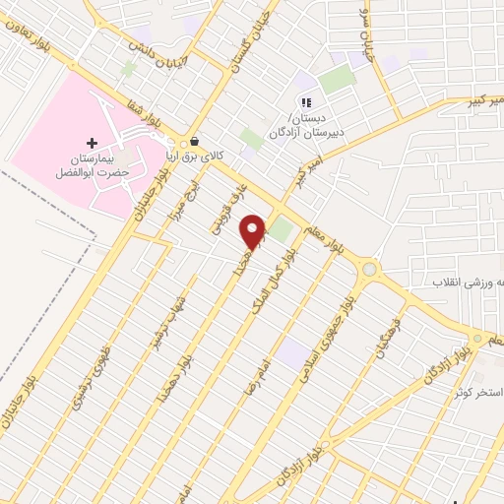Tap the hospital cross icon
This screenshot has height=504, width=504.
point(93,144)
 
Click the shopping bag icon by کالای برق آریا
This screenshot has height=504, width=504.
point(195,142)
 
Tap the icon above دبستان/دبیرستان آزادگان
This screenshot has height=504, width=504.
point(306,101)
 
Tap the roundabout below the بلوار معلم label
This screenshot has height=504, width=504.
point(369,269)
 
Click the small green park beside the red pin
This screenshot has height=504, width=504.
point(282,230)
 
